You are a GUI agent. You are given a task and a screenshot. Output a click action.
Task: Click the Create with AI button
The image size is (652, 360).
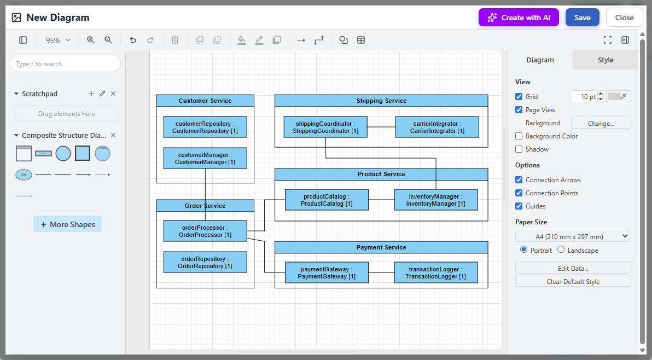click(519, 18)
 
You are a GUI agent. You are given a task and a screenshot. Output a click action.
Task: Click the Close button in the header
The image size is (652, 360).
click(624, 18)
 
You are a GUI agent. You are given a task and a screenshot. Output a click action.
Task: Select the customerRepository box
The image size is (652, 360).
click(205, 127)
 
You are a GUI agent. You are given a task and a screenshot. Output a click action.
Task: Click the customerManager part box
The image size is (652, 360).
click(205, 158)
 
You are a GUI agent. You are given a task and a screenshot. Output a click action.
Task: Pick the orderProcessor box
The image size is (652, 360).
click(205, 231)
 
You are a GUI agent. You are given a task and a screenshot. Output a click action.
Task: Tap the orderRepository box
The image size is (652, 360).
click(205, 262)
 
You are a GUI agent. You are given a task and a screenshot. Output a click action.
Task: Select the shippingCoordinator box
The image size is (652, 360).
click(325, 127)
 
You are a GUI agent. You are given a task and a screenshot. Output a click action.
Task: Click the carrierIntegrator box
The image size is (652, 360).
click(437, 127)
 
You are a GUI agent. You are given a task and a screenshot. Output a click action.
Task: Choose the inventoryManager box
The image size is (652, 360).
click(435, 200)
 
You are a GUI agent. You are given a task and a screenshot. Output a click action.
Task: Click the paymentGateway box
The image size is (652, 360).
click(327, 272)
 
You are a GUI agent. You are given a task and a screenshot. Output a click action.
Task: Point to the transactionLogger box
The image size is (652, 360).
click(435, 272)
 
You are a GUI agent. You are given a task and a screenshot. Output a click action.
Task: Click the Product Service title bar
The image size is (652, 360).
click(381, 174)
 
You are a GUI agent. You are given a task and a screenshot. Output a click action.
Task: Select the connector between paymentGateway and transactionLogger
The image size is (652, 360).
click(381, 272)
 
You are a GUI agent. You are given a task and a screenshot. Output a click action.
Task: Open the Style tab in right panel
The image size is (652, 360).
click(606, 60)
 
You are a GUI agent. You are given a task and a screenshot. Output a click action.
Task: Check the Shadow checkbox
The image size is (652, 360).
click(519, 149)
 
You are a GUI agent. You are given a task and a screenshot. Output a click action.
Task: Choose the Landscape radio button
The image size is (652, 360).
click(561, 250)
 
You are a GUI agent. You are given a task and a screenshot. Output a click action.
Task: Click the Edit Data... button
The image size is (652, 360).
click(573, 268)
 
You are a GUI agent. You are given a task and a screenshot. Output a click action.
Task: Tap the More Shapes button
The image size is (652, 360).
click(67, 224)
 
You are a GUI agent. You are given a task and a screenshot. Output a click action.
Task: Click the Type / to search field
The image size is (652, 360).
click(65, 64)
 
